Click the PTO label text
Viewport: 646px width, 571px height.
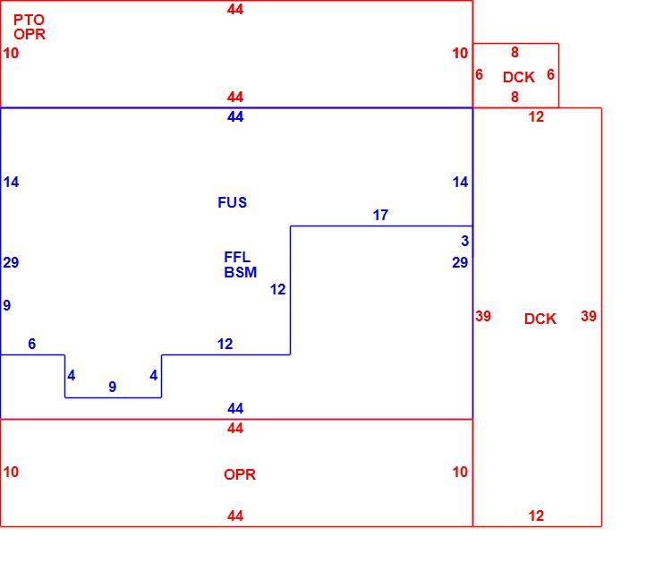[x=29, y=20]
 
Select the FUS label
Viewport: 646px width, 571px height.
[x=233, y=202]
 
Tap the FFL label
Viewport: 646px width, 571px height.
[x=237, y=257]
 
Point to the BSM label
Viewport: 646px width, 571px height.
[x=240, y=272]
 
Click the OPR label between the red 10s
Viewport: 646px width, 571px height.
[x=240, y=474]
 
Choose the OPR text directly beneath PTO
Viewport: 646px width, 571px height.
[x=30, y=34]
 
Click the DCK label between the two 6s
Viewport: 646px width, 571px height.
[x=519, y=77]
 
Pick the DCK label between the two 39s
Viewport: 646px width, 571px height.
[x=540, y=319]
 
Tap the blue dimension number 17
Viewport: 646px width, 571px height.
[x=380, y=215]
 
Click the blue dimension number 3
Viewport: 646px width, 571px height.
[x=465, y=241]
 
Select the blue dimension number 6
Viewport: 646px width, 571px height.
[x=31, y=344]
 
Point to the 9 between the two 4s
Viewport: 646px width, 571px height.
[x=113, y=387]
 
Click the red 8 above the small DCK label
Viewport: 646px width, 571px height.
[x=514, y=52]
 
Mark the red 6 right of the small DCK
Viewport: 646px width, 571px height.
[x=551, y=74]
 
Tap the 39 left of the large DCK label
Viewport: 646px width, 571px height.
[x=483, y=316]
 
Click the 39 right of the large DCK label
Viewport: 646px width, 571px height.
[x=589, y=316]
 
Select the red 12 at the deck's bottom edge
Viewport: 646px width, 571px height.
[x=536, y=516]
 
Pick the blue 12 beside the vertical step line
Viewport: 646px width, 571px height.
[x=277, y=289]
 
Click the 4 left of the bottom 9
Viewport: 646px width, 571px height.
[x=72, y=375]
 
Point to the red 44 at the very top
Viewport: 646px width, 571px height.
[x=235, y=9]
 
